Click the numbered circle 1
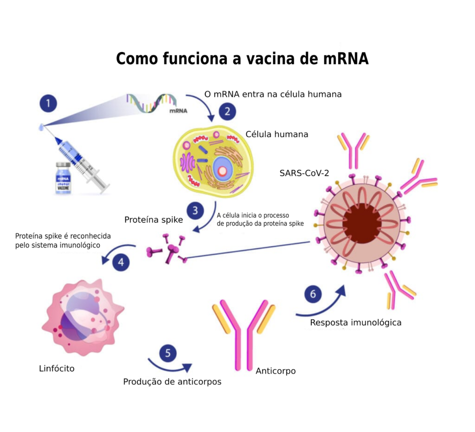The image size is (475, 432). point(48,103)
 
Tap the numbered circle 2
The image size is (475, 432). point(227,111)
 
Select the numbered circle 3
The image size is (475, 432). point(195,211)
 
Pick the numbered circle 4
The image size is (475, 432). point(121,262)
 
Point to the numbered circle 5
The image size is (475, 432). point(168,353)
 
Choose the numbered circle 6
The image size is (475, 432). point(313,294)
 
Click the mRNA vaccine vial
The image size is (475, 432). point(63,179)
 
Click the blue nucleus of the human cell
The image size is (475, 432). point(222,170)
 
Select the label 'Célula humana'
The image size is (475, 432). point(276,134)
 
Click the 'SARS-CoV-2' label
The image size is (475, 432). point(304,173)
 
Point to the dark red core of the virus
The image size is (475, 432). point(362,224)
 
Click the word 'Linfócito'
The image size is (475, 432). point(57,369)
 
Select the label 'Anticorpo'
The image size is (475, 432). point(276,371)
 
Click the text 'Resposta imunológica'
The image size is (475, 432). point(356,322)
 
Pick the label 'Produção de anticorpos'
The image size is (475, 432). point(172,382)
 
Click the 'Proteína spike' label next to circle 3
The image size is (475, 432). point(154,220)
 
